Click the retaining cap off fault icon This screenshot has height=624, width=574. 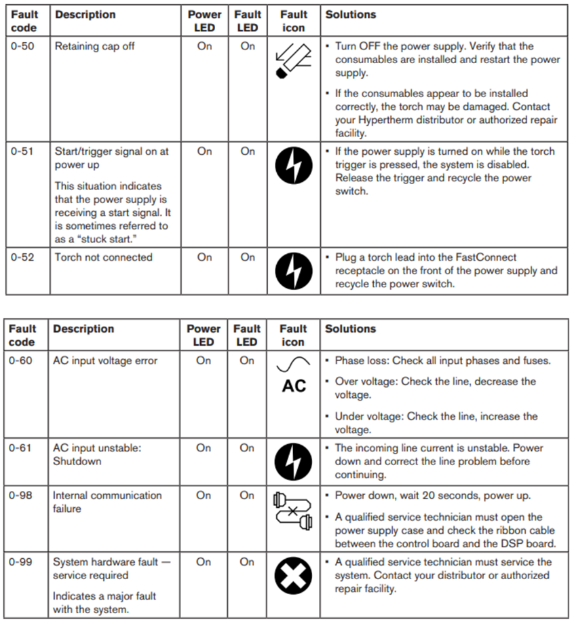[293, 61]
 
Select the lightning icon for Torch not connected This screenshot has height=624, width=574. [293, 271]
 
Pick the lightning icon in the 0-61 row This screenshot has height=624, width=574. [293, 462]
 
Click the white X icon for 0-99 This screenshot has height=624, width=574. [293, 576]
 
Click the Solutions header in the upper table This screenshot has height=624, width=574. [351, 14]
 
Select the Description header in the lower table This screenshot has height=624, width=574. [83, 329]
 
